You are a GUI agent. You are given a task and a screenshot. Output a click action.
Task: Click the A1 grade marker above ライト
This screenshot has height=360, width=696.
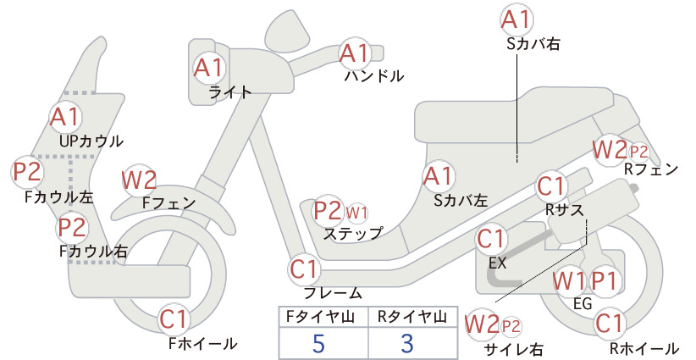point(208,68)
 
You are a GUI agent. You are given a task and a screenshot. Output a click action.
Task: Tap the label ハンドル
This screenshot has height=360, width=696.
point(374,76)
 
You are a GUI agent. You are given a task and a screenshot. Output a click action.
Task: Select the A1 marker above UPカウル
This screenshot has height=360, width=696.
point(65,117)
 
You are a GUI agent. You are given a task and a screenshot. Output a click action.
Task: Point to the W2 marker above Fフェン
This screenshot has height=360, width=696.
point(139,180)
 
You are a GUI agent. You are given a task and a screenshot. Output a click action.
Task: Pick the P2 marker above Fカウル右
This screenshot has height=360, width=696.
point(72,227)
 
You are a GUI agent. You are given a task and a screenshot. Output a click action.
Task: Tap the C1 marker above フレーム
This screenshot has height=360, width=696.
point(304,269)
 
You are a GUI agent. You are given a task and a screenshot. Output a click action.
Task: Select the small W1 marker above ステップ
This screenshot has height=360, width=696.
point(356,213)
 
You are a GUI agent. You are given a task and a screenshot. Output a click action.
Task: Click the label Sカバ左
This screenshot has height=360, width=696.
point(461,201)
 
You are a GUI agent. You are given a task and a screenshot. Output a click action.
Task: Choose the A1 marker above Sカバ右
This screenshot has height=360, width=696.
point(516,19)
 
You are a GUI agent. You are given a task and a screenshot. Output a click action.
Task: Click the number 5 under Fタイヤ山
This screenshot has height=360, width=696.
point(318,344)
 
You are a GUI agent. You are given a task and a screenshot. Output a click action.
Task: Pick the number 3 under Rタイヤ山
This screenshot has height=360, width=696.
point(407,344)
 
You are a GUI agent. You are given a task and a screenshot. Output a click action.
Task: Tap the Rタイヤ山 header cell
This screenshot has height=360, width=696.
point(412,317)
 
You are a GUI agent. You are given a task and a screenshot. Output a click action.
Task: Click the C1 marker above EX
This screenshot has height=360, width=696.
point(491,239)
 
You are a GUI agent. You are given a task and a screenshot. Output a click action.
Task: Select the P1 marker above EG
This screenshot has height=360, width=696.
point(605,281)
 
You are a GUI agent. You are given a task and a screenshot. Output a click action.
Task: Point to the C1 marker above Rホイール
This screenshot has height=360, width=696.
point(609,324)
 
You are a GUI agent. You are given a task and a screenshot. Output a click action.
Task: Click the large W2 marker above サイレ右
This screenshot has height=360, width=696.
point(482,324)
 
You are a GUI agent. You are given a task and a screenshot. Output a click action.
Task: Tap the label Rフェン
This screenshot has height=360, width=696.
point(651,169)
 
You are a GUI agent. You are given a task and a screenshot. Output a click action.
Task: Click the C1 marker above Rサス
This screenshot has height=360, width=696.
point(551,186)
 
